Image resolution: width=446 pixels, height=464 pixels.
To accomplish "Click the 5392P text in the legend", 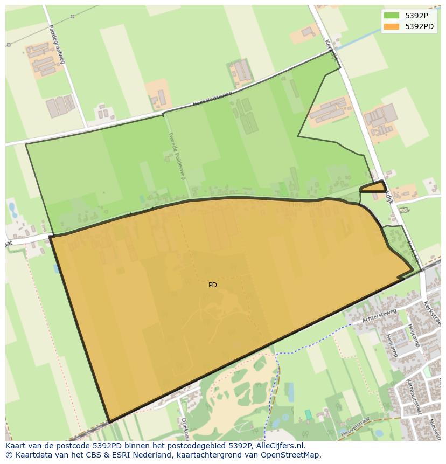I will [x=417, y=16].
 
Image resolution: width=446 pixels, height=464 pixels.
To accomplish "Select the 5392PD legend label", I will [x=420, y=26].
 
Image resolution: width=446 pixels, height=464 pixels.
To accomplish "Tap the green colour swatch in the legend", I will [x=392, y=16].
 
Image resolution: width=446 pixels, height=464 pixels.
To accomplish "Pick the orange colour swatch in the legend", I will [x=392, y=26].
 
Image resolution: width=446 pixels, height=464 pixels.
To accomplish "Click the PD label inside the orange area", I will [x=213, y=285].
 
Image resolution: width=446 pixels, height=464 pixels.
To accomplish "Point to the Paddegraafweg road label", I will [x=56, y=44].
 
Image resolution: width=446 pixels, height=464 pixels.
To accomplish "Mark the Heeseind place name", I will [x=305, y=204].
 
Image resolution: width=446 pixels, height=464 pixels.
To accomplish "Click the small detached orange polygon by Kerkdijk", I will [x=373, y=188].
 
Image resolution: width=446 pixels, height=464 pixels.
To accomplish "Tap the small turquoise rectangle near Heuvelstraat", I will [x=308, y=414].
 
